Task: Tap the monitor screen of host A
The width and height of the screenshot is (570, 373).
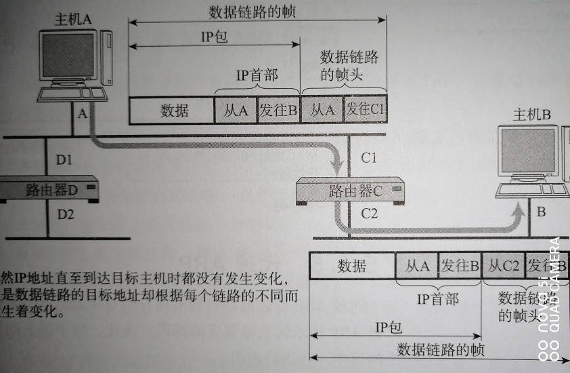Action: click(x=67, y=57)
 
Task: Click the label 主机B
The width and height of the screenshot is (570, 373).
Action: click(x=532, y=115)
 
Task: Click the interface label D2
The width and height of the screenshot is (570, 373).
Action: click(x=65, y=215)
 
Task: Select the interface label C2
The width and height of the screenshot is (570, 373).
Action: click(x=369, y=214)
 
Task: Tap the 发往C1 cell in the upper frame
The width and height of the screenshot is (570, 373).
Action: click(x=366, y=111)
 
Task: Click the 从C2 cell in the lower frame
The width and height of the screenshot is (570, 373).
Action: click(x=503, y=266)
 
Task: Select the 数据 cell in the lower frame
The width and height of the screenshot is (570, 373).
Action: click(x=352, y=266)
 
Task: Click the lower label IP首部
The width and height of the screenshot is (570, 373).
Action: click(x=437, y=299)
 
